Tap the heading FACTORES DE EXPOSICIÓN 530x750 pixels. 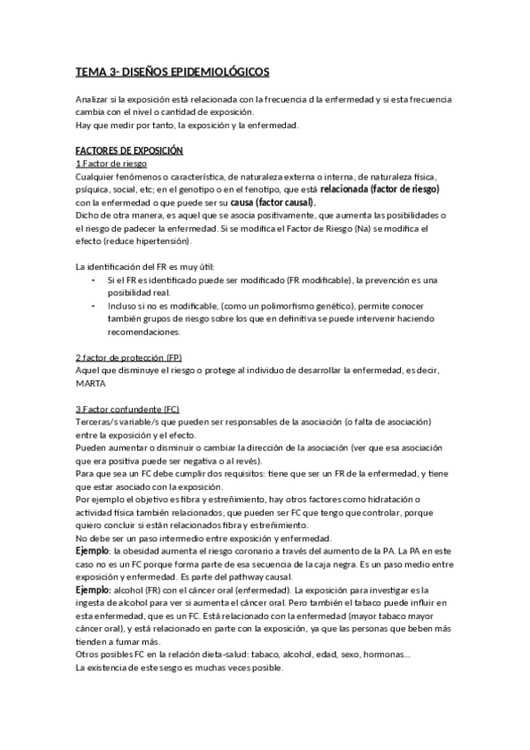tap(129, 151)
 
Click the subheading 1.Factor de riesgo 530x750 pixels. tap(111, 165)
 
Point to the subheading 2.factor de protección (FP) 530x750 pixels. tap(129, 356)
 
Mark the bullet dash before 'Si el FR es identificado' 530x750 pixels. tap(94, 280)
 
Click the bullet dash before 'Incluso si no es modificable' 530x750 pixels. tap(94, 306)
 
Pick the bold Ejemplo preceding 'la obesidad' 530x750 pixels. tap(94, 552)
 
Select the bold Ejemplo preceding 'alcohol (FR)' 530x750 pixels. tap(94, 590)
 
